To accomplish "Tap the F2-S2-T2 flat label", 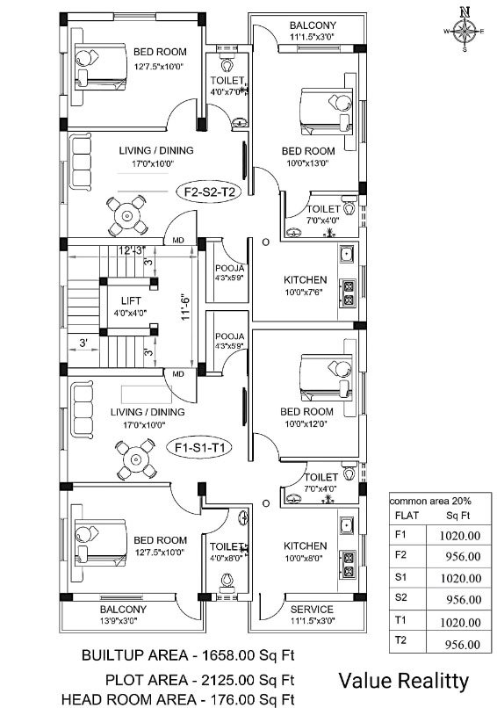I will [x=207, y=191].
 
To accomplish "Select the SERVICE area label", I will [x=312, y=610].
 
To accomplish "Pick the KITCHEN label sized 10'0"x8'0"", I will [x=306, y=546].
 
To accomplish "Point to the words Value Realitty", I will [x=404, y=680].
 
